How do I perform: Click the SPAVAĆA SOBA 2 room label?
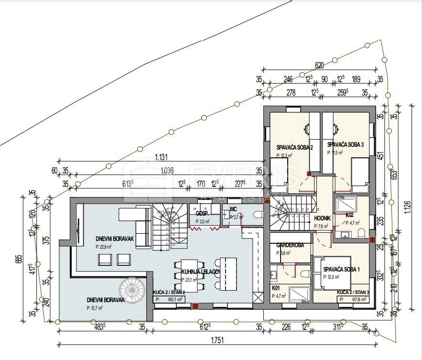point(294,147)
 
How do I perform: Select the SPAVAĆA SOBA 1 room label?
point(341,269)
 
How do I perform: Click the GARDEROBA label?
point(290,245)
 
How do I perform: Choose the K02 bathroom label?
point(350,215)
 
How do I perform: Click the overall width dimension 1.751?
point(216,340)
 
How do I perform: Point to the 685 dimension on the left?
point(18,259)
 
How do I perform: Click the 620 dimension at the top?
point(319,65)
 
